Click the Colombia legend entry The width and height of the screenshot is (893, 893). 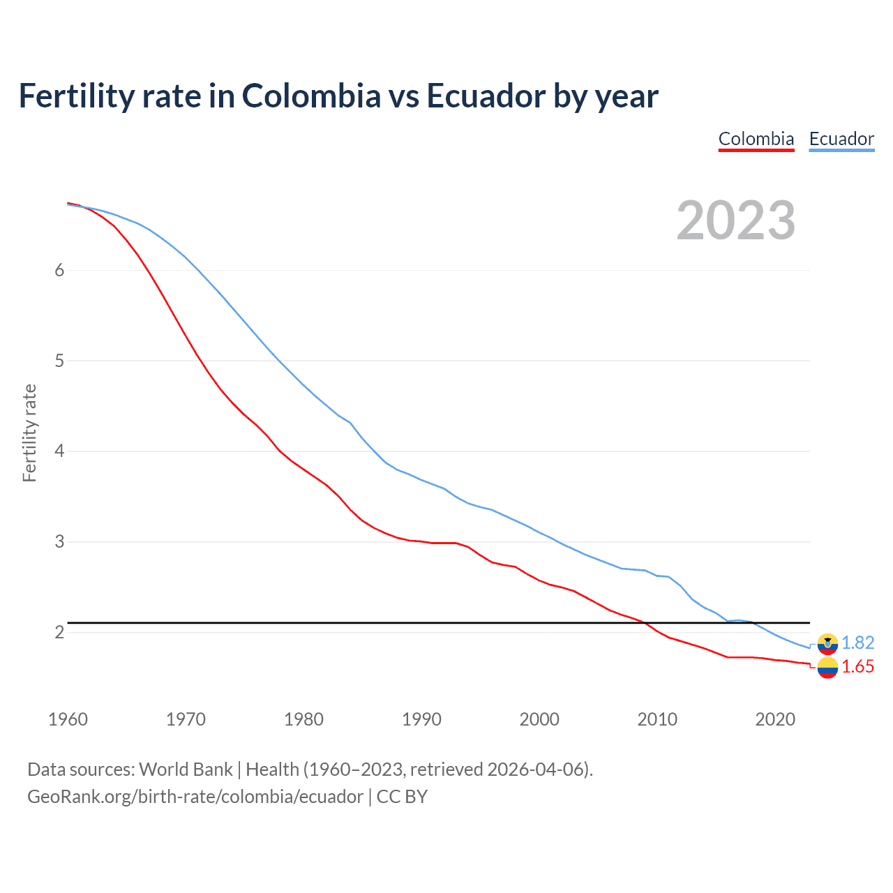click(x=756, y=139)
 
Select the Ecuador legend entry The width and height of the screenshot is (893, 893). click(x=841, y=139)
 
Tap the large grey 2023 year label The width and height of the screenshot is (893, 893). click(x=736, y=220)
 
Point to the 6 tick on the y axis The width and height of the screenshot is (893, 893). click(x=59, y=271)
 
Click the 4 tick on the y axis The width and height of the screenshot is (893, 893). click(x=59, y=451)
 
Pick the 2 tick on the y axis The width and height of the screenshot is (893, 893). click(x=59, y=632)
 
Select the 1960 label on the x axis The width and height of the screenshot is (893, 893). click(x=68, y=719)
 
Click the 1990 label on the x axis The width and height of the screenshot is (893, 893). click(x=421, y=719)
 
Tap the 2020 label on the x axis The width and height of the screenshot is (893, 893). click(x=775, y=719)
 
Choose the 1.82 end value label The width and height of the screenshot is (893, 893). click(x=857, y=643)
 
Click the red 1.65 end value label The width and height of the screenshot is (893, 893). click(x=857, y=667)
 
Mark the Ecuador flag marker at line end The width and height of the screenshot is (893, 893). click(x=827, y=643)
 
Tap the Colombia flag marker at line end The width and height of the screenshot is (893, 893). click(x=827, y=668)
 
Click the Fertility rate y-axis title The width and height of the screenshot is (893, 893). click(x=29, y=433)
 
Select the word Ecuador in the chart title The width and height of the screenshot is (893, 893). click(x=485, y=96)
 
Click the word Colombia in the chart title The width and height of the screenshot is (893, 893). click(x=311, y=96)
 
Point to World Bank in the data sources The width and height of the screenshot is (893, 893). click(x=186, y=770)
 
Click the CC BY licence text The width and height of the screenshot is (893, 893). click(x=402, y=797)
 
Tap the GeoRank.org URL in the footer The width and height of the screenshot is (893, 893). click(x=195, y=797)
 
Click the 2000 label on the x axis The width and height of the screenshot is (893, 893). click(x=539, y=719)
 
